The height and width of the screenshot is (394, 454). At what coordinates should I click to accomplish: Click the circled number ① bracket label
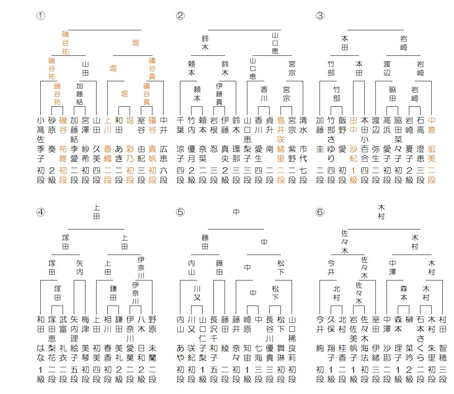(40, 16)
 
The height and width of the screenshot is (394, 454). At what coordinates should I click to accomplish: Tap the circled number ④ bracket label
(40, 212)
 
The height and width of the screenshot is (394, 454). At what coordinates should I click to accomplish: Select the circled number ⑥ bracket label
(320, 212)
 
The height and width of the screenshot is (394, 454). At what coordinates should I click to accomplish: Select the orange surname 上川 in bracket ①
(108, 125)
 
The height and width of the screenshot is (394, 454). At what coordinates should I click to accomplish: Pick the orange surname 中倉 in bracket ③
(432, 125)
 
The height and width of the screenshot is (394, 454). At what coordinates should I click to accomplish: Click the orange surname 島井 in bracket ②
(281, 125)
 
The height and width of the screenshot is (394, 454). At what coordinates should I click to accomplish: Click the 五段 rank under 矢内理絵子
(74, 374)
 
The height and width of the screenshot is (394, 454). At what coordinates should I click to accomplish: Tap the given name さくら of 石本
(420, 353)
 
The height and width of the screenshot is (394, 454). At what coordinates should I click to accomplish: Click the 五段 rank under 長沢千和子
(214, 374)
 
